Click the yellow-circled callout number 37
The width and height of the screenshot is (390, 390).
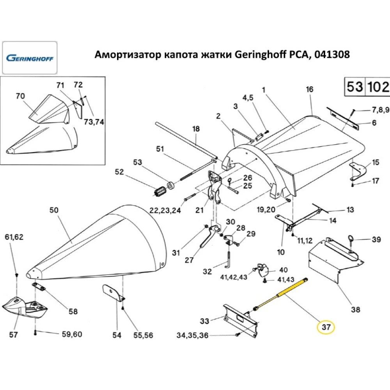click(326, 328)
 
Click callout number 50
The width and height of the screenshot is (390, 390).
click(54, 210)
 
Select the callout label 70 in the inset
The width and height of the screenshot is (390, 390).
click(20, 96)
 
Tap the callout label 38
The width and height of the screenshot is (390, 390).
click(355, 310)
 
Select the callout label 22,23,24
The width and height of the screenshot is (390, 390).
click(165, 211)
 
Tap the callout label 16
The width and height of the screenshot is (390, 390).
click(310, 89)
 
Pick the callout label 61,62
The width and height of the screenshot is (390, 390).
click(14, 237)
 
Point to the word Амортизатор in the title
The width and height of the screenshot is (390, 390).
click(124, 55)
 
